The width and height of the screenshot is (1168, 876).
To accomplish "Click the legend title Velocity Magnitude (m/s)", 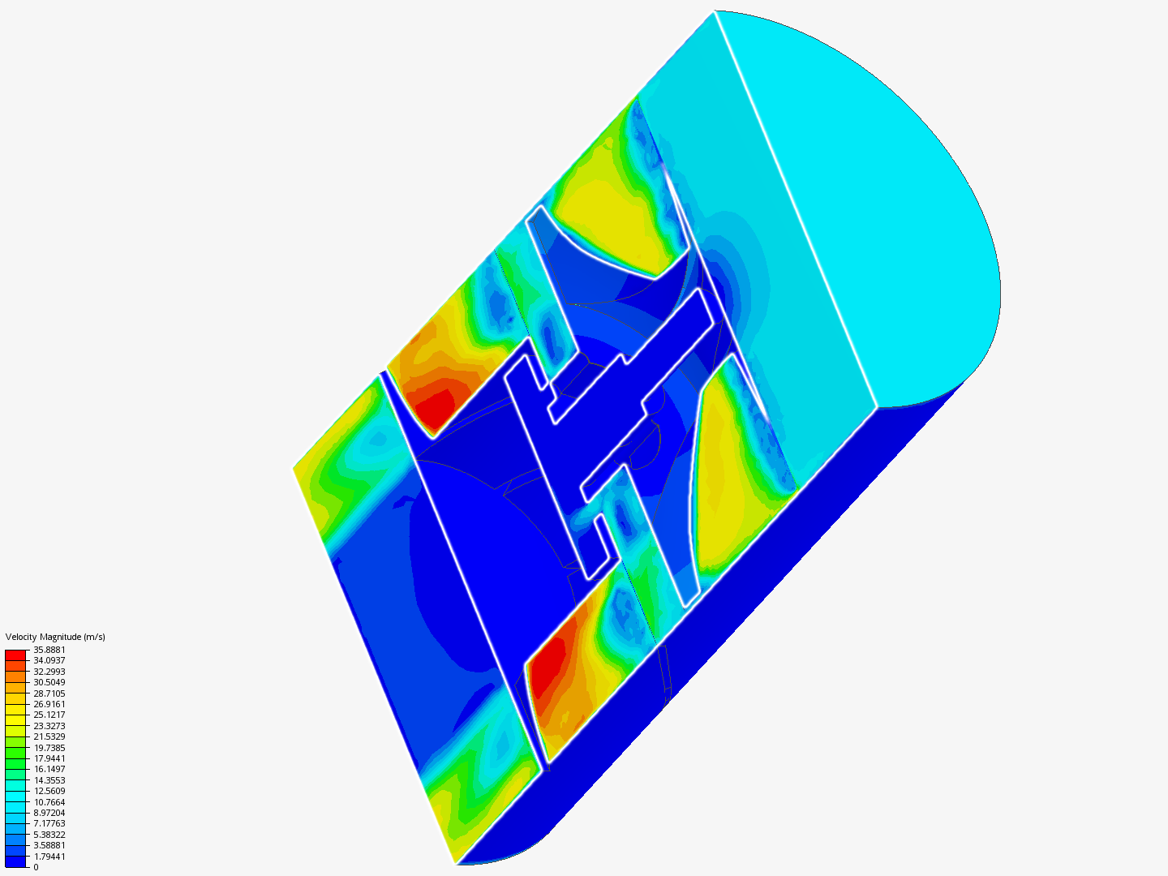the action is [55, 637].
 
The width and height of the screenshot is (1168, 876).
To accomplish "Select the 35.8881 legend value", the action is [49, 650].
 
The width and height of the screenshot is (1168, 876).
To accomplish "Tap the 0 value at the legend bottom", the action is [36, 867].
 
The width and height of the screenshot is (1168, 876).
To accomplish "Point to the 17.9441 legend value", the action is [49, 758].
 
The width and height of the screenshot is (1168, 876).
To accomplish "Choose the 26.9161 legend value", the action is [49, 704].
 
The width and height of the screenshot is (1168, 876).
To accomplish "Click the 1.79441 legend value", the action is [49, 857].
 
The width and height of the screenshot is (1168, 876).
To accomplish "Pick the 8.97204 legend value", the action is [49, 813].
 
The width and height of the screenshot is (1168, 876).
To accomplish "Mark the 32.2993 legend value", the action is [49, 672].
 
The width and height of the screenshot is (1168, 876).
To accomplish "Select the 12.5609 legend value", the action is [49, 791].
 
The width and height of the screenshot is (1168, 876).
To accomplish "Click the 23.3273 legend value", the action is [49, 726].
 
